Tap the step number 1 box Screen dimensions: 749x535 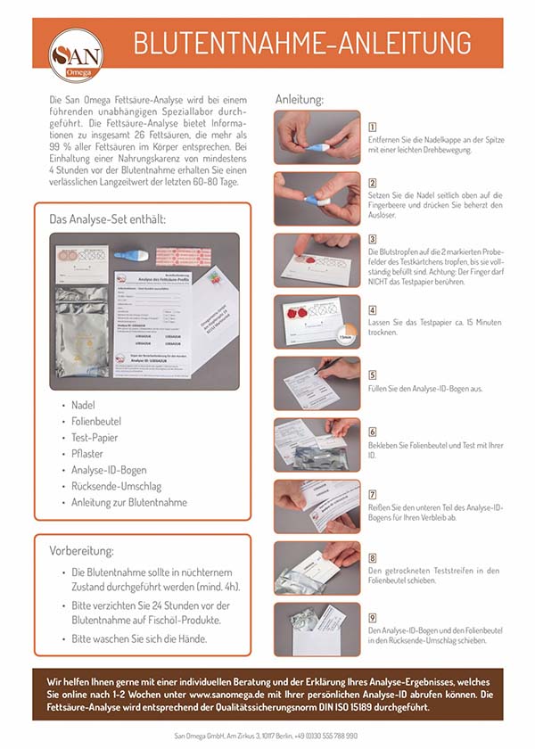point(372,128)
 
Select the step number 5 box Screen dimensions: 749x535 point(372,374)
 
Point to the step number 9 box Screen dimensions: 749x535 point(372,617)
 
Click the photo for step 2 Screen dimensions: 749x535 point(317,198)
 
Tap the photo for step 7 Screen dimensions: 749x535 point(317,506)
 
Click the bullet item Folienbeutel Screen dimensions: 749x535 point(96,421)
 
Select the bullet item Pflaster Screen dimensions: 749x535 point(87,453)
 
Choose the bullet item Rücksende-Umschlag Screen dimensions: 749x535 point(116,486)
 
